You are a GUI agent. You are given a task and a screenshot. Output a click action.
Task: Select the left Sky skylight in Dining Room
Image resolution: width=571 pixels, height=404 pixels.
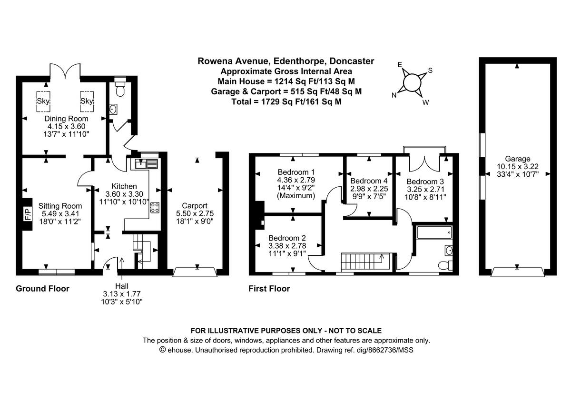point(44,101)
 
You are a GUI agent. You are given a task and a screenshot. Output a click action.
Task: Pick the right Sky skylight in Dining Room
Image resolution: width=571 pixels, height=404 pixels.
point(87,101)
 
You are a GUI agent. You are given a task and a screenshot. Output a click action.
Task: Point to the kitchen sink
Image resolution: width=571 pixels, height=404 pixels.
point(146,164)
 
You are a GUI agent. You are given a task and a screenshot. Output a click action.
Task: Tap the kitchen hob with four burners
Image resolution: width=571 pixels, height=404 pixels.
point(155,207)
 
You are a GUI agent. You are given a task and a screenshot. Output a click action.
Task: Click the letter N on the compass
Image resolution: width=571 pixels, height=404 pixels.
point(394,95)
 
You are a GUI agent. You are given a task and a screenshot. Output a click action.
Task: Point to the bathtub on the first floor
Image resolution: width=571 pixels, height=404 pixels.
point(433,233)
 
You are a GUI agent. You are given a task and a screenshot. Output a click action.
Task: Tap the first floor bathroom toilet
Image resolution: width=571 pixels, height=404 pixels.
point(443,265)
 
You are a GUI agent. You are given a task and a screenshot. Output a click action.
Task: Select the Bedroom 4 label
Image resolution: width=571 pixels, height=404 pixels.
point(369,181)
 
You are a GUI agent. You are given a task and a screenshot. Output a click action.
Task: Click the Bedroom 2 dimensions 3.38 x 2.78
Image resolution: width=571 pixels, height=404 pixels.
point(287,246)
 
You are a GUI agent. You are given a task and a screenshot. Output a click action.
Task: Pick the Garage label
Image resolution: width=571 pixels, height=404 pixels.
point(518,159)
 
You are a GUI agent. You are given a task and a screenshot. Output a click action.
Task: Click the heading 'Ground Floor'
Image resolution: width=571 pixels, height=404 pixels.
point(42,289)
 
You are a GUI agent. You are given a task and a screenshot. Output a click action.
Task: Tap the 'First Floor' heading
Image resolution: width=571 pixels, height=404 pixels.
point(269,289)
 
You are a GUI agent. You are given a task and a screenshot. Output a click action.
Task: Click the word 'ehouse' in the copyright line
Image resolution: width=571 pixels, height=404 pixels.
point(180,350)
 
